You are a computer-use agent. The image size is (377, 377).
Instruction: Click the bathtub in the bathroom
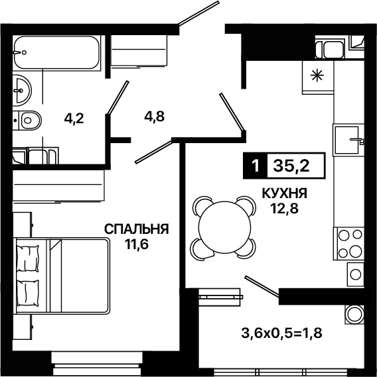tap(56, 53)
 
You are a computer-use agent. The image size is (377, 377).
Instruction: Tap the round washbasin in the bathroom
tap(22, 90)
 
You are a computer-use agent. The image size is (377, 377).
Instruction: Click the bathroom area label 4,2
tap(74, 119)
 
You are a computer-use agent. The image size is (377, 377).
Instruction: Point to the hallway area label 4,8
tap(155, 117)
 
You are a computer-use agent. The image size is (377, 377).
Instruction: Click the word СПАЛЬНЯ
tap(136, 229)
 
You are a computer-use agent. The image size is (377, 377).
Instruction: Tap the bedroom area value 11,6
tap(136, 244)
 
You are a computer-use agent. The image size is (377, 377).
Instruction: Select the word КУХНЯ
tap(285, 193)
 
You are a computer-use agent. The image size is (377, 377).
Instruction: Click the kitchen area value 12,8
tap(285, 209)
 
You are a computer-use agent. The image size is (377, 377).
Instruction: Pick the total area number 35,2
tap(291, 166)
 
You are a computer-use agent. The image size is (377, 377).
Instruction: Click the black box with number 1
tap(256, 166)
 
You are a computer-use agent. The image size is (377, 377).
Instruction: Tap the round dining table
tap(223, 227)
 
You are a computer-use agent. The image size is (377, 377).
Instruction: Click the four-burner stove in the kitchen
tap(348, 244)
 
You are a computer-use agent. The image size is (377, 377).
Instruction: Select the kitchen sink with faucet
tap(348, 140)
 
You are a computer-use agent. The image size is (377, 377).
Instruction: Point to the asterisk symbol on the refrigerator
tap(317, 76)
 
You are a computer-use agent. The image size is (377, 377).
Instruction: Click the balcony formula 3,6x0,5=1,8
tap(281, 333)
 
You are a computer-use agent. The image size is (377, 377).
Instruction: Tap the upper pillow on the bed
tap(27, 258)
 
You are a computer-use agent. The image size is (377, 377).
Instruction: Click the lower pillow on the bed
tap(27, 294)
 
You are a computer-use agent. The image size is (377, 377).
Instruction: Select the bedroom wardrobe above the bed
tap(58, 185)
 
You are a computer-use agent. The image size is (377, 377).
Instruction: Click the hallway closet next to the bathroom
tap(139, 50)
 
